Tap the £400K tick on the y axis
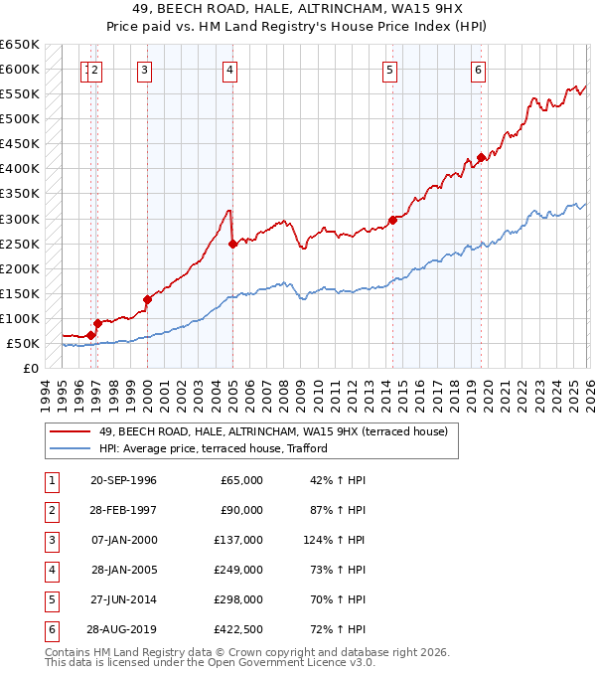(20, 169)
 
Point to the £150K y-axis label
(20, 293)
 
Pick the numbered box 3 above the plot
(145, 70)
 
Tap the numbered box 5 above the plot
(389, 70)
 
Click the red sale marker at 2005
(232, 244)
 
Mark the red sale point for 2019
(481, 157)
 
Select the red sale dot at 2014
(392, 220)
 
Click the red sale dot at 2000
(147, 299)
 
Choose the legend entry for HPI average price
(213, 448)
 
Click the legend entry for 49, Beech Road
(273, 431)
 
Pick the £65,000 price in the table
(241, 480)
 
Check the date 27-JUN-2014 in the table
(123, 599)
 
